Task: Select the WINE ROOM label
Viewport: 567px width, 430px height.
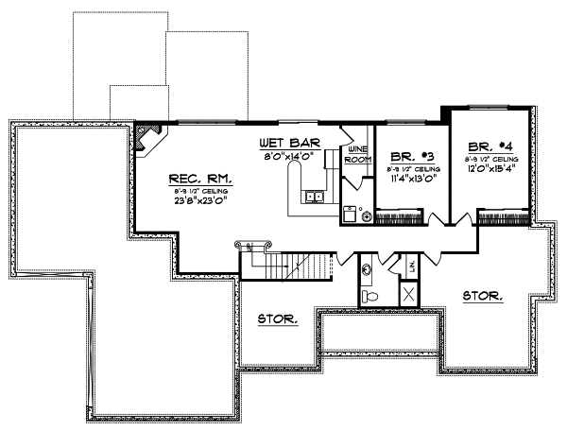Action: tap(357, 155)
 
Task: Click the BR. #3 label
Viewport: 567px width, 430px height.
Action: tap(411, 155)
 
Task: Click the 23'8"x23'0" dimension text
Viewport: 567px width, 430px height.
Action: tap(202, 200)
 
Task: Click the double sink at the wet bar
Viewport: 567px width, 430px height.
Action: tap(314, 197)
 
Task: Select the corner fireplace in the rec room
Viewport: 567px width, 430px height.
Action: tap(146, 139)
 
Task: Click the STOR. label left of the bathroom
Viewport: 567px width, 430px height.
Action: tap(278, 320)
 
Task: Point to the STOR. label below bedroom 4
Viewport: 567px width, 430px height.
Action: tap(483, 296)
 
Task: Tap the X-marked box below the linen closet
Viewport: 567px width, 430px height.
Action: tap(409, 295)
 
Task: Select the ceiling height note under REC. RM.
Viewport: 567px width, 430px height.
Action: tap(201, 190)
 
